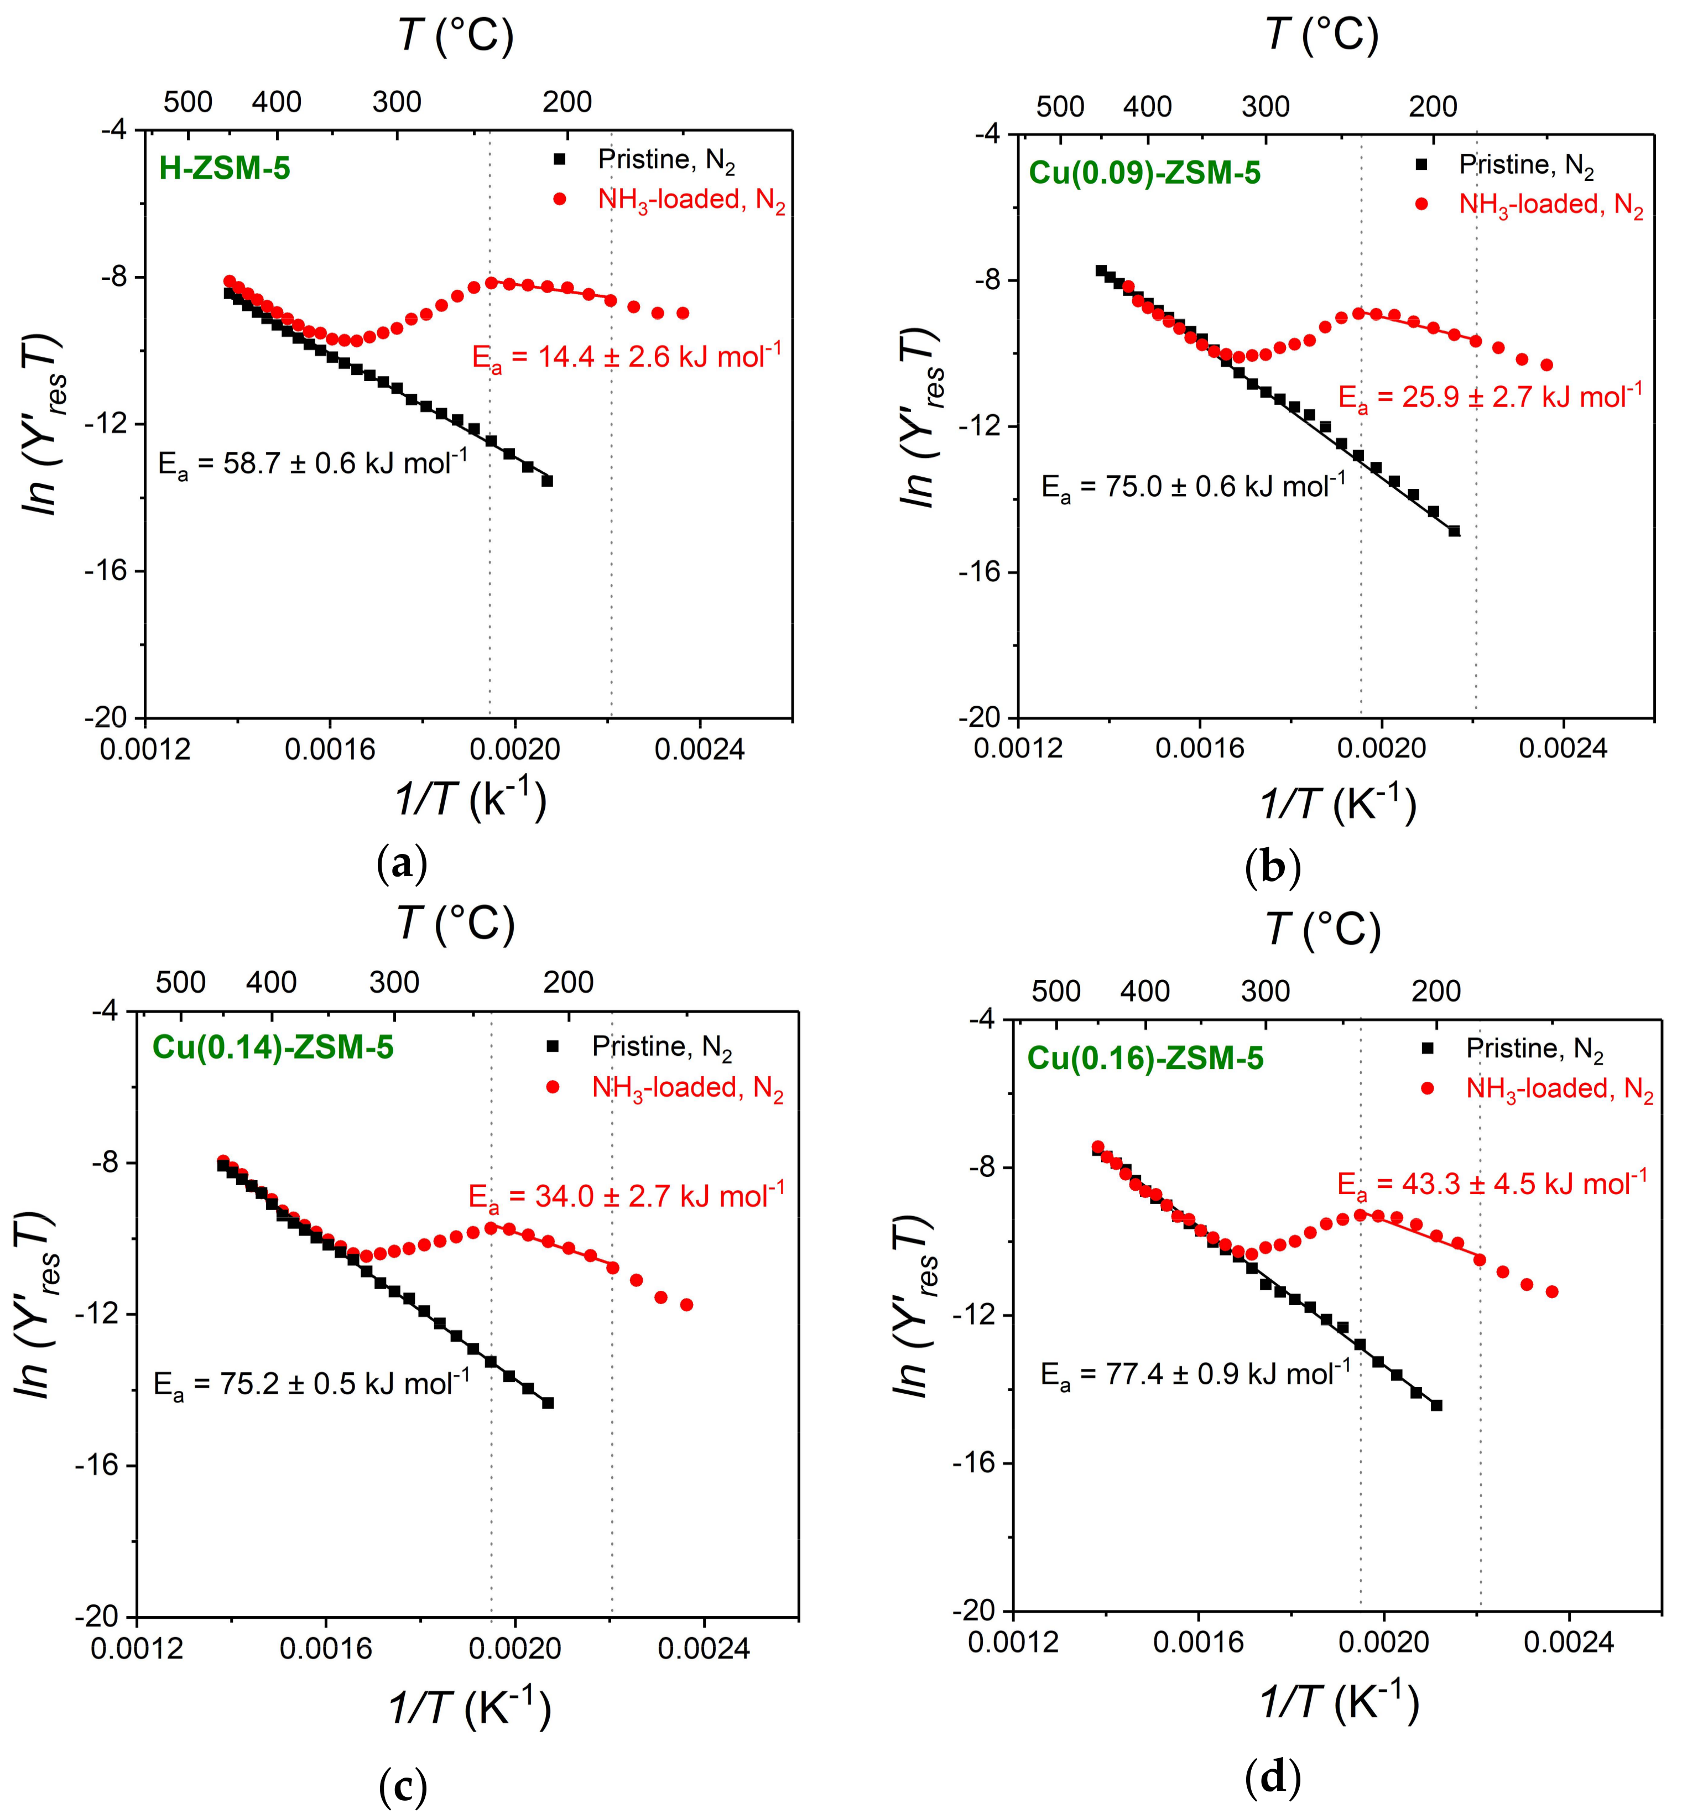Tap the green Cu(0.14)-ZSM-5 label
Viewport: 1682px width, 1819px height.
(273, 1047)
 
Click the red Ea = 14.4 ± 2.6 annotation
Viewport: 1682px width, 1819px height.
(626, 356)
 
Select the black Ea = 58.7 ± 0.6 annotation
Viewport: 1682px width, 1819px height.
(312, 463)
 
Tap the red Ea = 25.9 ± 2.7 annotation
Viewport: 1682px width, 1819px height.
(1490, 397)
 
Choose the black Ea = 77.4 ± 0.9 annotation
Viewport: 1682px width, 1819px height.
(1195, 1373)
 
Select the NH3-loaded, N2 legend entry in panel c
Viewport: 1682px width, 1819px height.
(687, 1088)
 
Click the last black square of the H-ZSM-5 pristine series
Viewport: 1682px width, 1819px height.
(547, 481)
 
